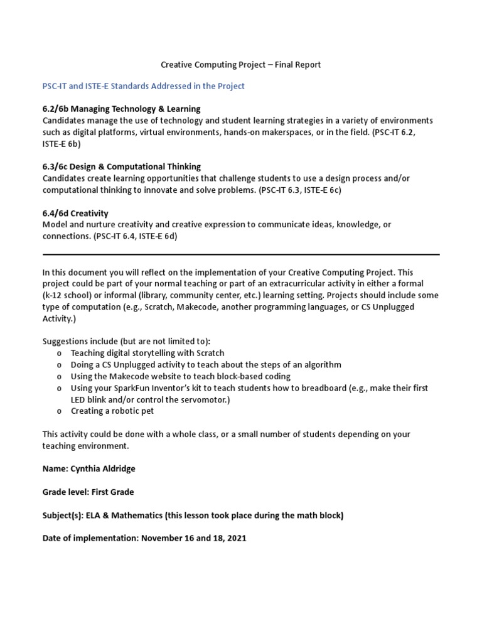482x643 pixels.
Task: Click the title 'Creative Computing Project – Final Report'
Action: (241, 65)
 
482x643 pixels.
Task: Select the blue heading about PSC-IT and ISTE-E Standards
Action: (143, 86)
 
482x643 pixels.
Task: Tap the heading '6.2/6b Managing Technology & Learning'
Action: (121, 109)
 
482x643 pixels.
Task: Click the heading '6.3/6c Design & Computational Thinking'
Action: (121, 166)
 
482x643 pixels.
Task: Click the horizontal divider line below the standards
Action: (241, 254)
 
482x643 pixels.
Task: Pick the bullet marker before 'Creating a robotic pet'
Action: (59, 411)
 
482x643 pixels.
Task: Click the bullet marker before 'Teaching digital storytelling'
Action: (59, 354)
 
